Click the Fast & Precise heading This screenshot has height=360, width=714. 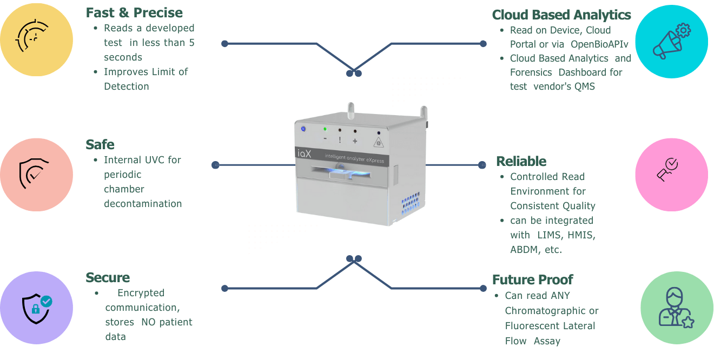(134, 13)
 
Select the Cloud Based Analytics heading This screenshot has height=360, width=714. (561, 15)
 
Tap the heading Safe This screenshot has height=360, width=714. (100, 145)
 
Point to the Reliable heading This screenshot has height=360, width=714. (521, 161)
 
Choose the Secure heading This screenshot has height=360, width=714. (108, 278)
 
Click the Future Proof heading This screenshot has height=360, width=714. (532, 280)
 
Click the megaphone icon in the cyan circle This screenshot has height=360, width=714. (671, 41)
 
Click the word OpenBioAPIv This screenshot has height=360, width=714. (599, 44)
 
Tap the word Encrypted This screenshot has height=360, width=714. (141, 293)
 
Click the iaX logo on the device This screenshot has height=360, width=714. (303, 154)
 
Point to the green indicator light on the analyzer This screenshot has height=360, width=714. (325, 129)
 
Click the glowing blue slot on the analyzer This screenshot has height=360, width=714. (346, 174)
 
